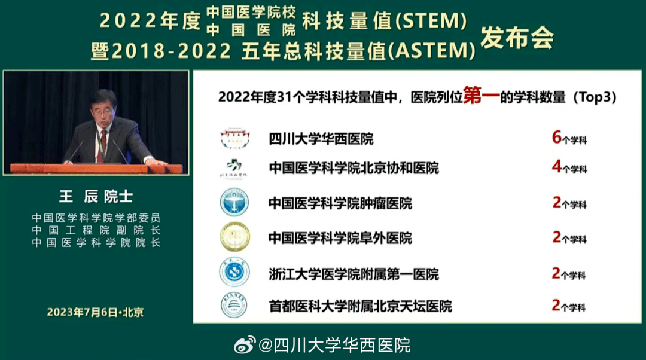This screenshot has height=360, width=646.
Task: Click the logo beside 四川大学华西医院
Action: point(234,138)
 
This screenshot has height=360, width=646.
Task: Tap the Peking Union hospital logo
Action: point(234,168)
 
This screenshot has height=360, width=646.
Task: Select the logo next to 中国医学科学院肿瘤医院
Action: point(234,202)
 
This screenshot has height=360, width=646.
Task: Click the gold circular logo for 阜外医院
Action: point(234,237)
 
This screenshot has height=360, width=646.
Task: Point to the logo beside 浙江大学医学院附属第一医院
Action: point(234,273)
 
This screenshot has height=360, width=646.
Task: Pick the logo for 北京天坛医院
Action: point(234,306)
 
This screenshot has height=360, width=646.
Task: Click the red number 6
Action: point(556,138)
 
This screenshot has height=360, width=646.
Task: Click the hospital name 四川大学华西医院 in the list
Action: point(321,139)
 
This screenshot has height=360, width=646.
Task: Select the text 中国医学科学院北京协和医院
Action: point(354,169)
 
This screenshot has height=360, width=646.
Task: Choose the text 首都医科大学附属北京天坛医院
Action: point(360,307)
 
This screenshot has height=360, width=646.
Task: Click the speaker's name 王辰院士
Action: point(96,197)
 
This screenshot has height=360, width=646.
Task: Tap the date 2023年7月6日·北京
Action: point(95,312)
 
